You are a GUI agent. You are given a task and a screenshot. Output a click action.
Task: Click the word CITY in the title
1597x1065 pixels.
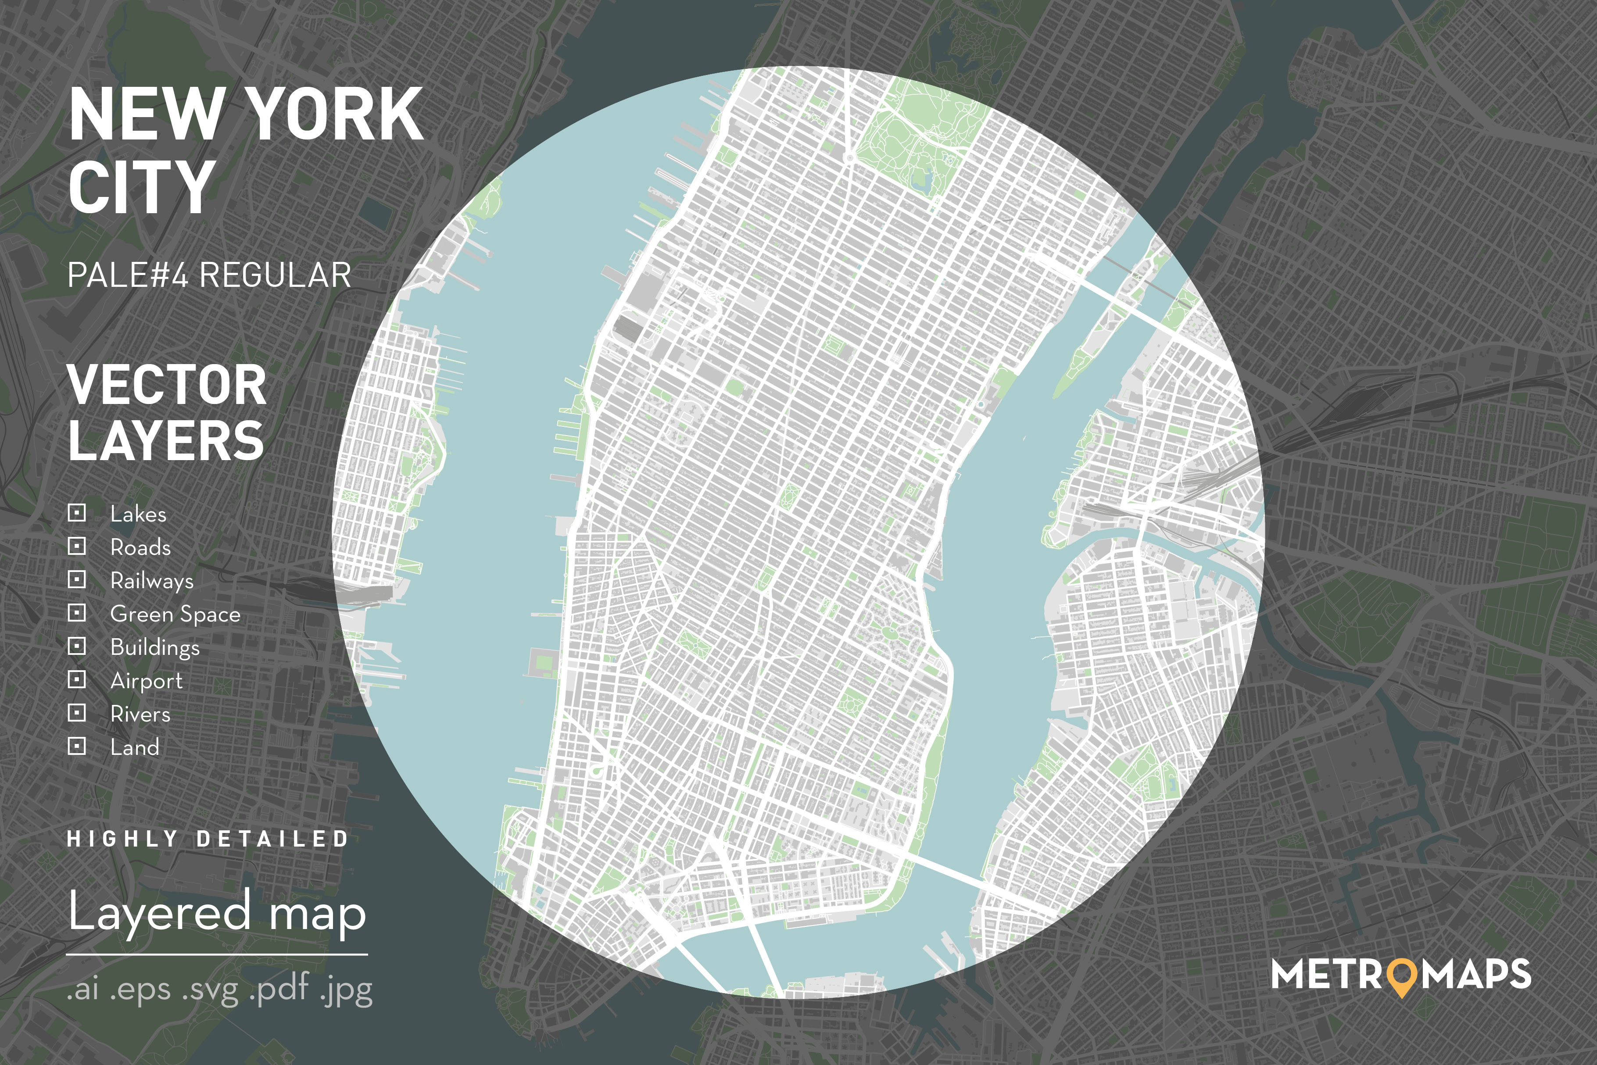click(x=141, y=187)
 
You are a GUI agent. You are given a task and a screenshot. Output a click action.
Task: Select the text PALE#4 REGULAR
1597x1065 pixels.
click(x=209, y=275)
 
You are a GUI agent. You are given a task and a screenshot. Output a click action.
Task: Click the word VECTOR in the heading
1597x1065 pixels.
click(x=166, y=385)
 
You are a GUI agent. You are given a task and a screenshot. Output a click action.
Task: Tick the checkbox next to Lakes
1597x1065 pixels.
click(x=77, y=513)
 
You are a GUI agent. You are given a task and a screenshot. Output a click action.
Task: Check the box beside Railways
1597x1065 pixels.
click(x=77, y=579)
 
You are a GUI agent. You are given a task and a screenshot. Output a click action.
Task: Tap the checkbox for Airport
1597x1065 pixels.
click(x=77, y=679)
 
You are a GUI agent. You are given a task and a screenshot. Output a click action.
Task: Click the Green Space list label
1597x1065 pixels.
click(x=175, y=614)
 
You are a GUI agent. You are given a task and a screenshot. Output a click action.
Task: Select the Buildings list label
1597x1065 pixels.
click(x=155, y=647)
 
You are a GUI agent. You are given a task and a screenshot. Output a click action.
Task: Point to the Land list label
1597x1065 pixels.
click(x=135, y=747)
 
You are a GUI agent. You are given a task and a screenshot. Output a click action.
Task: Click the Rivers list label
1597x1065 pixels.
click(x=140, y=714)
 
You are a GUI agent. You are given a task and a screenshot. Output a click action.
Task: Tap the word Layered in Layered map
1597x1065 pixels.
click(x=160, y=912)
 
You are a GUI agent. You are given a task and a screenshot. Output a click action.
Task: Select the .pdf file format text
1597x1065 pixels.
click(x=279, y=989)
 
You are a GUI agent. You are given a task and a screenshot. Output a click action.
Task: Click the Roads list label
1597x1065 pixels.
click(x=140, y=547)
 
